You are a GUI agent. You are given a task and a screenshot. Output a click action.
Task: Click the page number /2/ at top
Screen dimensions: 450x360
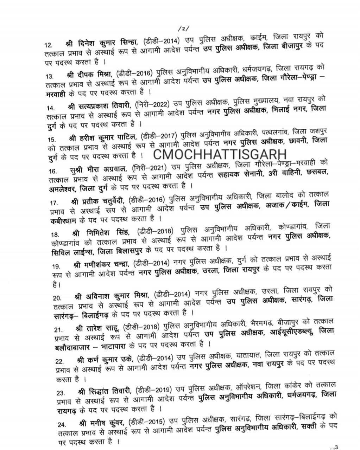click(x=184, y=28)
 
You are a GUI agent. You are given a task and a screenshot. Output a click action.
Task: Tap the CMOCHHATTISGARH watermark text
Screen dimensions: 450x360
click(x=220, y=154)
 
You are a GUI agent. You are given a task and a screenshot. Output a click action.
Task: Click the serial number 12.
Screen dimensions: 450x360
click(x=49, y=45)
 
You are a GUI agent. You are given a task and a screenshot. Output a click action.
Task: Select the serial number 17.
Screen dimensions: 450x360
click(x=54, y=203)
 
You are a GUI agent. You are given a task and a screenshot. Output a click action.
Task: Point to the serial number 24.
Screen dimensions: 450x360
click(x=62, y=425)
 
